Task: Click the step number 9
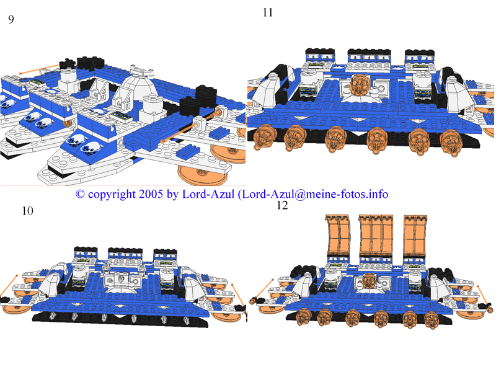pyautogui.click(x=11, y=19)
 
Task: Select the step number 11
pyautogui.click(x=268, y=12)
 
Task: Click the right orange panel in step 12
pyautogui.click(x=415, y=237)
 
